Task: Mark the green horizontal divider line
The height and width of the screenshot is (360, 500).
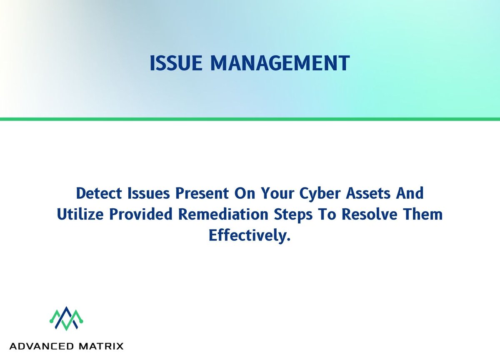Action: [x=250, y=119]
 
